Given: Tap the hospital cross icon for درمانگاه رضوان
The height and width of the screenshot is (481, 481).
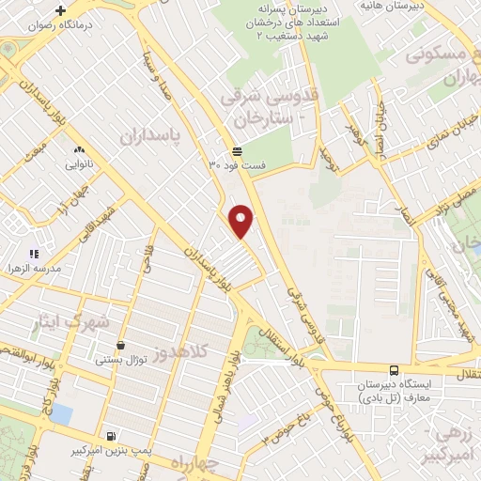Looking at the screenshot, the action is click(61, 11).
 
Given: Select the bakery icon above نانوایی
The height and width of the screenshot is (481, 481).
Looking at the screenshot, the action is click(78, 148).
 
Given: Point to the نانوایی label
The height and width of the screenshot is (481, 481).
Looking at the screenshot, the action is click(78, 163).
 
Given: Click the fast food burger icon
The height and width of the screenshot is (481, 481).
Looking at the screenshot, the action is click(238, 151).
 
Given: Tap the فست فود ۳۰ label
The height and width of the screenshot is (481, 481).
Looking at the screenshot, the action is click(238, 165).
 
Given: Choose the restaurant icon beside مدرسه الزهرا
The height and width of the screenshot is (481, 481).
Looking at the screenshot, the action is click(35, 253).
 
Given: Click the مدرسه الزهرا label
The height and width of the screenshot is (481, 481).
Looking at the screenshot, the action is click(35, 268).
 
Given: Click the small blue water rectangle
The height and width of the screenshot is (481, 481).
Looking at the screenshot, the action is click(61, 413).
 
